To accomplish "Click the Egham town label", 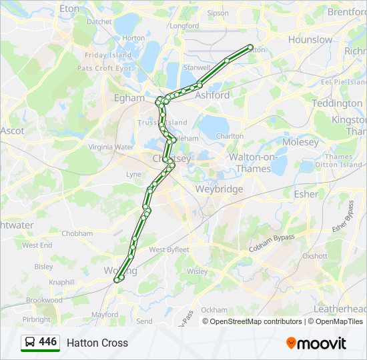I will coord(129,98).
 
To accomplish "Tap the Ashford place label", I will coord(212,95).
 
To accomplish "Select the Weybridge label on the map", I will coord(219,189).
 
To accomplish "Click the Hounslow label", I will coord(310,39).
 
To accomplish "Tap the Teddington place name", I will coord(337,103).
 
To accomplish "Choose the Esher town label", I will coord(306,194).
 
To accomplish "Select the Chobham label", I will coord(77,233).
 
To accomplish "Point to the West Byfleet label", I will coord(169,250).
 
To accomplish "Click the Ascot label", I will coord(12,131).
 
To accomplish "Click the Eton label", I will coord(69,9).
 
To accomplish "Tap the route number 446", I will coord(48,342).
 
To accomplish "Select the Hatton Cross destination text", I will coord(97,343).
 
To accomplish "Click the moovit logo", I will coord(316,343).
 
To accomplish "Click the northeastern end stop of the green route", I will coord(251,47).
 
